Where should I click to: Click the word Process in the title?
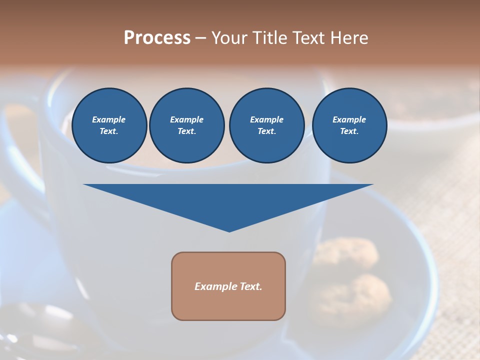click(157, 38)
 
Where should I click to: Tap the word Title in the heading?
click(269, 38)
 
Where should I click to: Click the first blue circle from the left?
click(109, 125)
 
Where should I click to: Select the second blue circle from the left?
click(187, 125)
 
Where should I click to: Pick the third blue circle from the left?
click(267, 125)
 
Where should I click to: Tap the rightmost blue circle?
click(349, 125)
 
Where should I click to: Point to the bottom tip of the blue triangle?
click(229, 231)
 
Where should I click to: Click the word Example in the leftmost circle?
click(109, 119)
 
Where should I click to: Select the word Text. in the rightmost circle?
click(349, 131)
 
